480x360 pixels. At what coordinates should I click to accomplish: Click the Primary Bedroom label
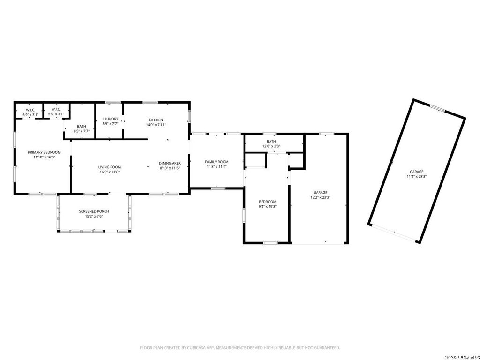44,152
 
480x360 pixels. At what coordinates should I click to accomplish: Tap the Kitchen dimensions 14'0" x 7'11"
156,125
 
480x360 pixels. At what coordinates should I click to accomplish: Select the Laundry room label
110,119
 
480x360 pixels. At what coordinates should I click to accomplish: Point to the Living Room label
110,167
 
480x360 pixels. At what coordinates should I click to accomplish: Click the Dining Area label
170,163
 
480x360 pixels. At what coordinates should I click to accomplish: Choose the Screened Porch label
94,211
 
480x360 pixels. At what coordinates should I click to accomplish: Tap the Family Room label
217,162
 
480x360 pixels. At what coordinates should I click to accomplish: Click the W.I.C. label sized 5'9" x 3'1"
30,110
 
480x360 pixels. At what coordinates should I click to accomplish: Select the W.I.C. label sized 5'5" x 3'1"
56,109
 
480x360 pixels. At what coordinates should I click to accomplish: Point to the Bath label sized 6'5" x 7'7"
82,126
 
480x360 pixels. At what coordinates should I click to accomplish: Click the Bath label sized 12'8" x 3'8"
271,141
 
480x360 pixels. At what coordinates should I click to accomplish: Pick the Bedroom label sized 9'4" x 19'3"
268,202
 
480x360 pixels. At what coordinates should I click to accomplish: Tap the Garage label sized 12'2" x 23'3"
321,193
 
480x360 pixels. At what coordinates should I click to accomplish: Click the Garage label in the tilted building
417,172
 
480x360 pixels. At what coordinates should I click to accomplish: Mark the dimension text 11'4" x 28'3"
417,177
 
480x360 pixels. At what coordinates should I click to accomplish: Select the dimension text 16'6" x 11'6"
110,172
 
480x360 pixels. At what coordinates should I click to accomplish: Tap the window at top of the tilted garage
438,108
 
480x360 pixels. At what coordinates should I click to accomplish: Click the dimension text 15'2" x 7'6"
94,217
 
